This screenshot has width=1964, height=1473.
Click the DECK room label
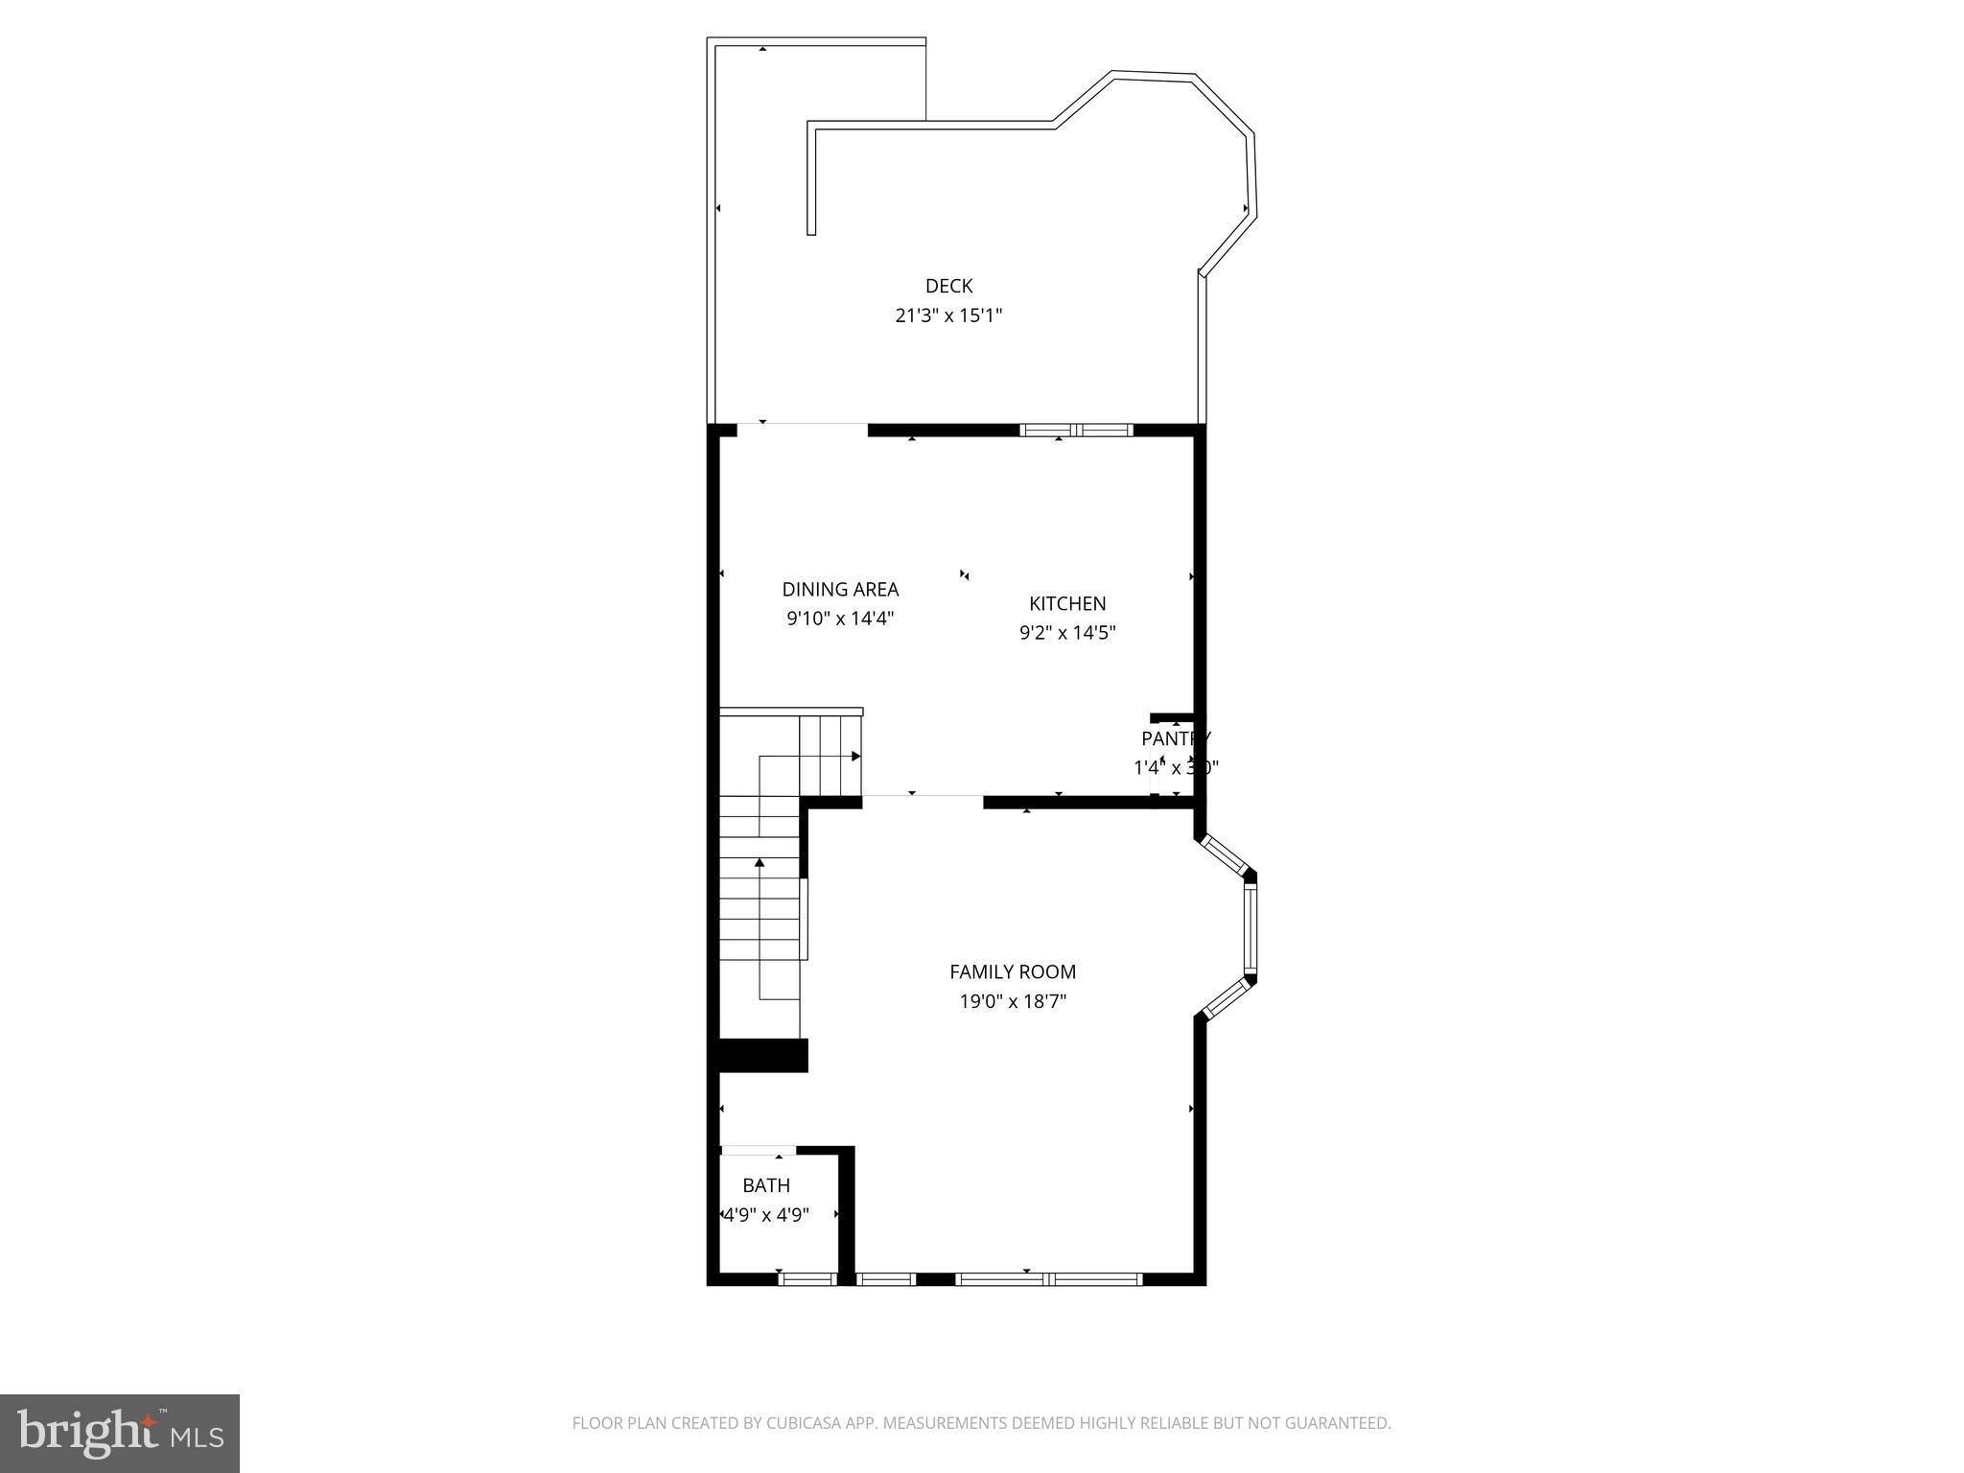[948, 286]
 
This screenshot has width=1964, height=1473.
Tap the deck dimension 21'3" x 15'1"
[948, 316]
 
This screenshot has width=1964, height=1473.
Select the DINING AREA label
[840, 590]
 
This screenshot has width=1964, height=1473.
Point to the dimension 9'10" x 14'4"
[840, 619]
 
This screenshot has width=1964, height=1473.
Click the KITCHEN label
[1067, 603]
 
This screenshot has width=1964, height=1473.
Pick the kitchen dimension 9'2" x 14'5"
[1067, 633]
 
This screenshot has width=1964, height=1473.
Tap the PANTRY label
[1176, 738]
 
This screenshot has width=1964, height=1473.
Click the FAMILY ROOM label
[1013, 971]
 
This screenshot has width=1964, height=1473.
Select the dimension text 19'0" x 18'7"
[1013, 1001]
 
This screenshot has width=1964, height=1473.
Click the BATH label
[766, 1185]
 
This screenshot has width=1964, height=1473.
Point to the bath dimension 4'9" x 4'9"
[766, 1215]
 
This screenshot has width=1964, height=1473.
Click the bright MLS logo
[119, 1433]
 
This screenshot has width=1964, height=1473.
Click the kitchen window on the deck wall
[1076, 430]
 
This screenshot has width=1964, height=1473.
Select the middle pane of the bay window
[1250, 927]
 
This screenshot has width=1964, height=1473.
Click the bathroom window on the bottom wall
[807, 1278]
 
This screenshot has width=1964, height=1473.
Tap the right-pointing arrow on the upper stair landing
[855, 757]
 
